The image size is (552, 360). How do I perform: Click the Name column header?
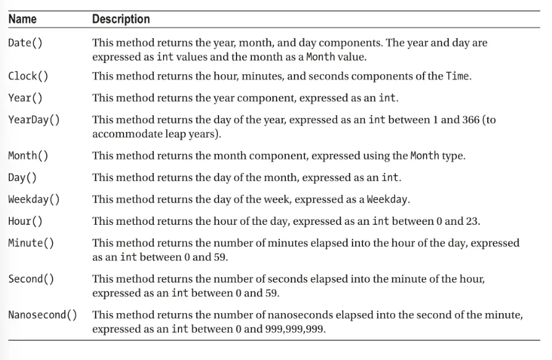(x=22, y=19)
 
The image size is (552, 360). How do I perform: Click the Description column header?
(x=121, y=19)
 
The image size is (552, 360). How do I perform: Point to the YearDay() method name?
(x=34, y=120)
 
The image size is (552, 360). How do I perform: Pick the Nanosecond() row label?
(x=43, y=316)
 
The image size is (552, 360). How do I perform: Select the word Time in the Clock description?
(x=456, y=77)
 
